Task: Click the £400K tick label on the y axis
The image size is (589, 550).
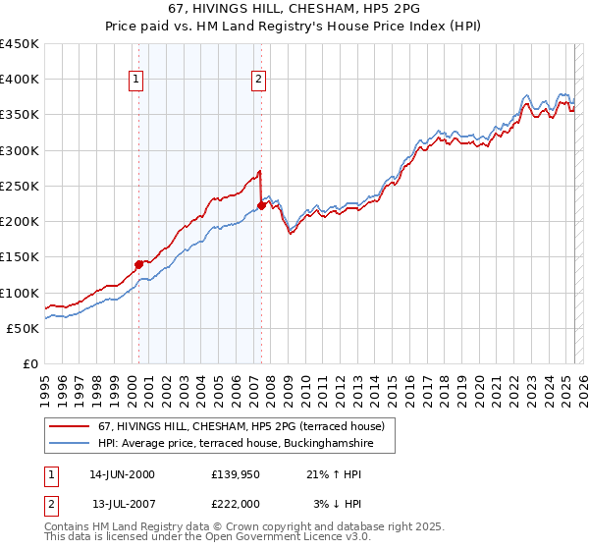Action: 20,80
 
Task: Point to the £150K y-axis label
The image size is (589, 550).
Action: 20,257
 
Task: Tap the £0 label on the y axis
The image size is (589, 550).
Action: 29,364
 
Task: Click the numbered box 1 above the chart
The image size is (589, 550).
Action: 134,81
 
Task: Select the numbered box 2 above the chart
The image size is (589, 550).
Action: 258,81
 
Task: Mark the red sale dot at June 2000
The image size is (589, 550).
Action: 138,264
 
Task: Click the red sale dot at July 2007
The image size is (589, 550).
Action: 262,205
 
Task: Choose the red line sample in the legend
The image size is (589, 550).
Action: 71,426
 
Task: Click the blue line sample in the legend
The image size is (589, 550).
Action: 71,444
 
